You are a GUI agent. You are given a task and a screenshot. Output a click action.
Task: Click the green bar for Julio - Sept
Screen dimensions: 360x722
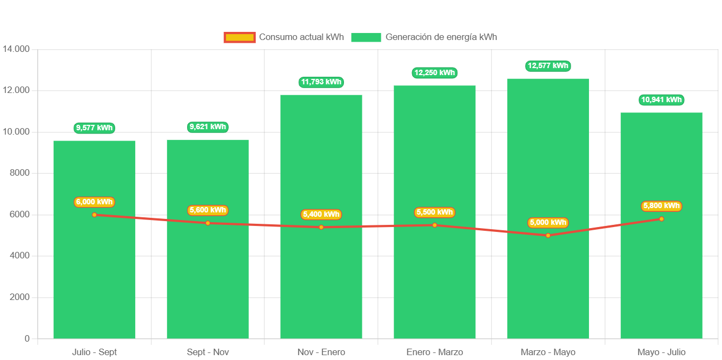(94, 270)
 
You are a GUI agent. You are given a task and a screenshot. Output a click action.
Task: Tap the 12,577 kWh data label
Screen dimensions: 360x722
(548, 66)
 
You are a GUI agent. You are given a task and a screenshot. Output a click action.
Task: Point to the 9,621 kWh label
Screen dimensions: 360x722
(208, 127)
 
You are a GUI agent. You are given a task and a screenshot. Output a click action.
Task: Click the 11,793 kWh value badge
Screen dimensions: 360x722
(321, 82)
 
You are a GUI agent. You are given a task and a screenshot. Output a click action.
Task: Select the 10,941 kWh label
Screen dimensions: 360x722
(661, 100)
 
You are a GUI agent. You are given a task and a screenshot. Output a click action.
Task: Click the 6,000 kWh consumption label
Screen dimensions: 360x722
(95, 202)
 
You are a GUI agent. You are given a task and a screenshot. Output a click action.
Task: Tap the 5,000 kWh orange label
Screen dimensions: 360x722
(548, 223)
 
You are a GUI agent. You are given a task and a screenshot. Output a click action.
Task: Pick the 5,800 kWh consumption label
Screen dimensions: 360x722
(661, 206)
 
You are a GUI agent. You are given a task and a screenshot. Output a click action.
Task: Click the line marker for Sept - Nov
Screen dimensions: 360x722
(208, 223)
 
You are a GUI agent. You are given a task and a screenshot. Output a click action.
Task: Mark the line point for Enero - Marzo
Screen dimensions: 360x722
(434, 225)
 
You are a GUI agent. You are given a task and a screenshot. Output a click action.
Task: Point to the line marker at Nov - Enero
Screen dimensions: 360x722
(321, 227)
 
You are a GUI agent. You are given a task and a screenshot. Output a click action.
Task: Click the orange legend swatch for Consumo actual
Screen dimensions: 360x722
(239, 37)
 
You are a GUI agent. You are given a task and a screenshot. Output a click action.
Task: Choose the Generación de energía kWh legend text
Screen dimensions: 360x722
(441, 37)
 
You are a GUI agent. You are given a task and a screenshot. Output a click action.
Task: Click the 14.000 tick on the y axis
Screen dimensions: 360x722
(16, 49)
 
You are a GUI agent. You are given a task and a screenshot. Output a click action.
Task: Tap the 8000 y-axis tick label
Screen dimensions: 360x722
(19, 173)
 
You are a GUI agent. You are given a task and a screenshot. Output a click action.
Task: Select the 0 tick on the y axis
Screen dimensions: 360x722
(27, 339)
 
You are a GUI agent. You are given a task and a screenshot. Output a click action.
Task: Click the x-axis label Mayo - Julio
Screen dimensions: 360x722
(661, 352)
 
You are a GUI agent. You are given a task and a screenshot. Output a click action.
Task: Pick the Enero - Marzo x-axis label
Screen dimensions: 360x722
(434, 352)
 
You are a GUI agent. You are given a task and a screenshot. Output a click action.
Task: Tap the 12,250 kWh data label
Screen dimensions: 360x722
(434, 72)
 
